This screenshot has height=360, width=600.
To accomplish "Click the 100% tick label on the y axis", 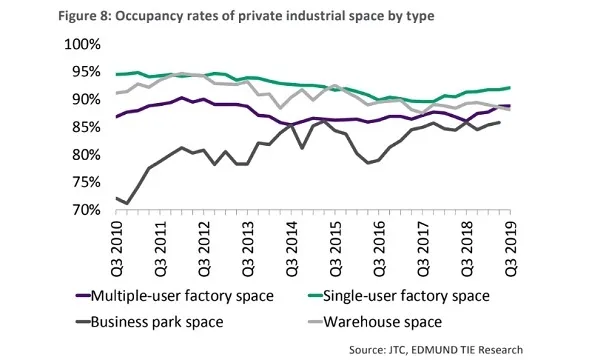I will click(x=82, y=46).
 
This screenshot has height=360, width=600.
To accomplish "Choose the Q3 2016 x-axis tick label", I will click(x=379, y=246).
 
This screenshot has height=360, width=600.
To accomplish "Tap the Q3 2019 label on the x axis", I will click(x=510, y=246).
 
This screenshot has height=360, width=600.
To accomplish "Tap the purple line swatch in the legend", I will click(x=83, y=297).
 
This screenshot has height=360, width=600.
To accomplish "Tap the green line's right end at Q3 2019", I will click(x=511, y=87).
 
